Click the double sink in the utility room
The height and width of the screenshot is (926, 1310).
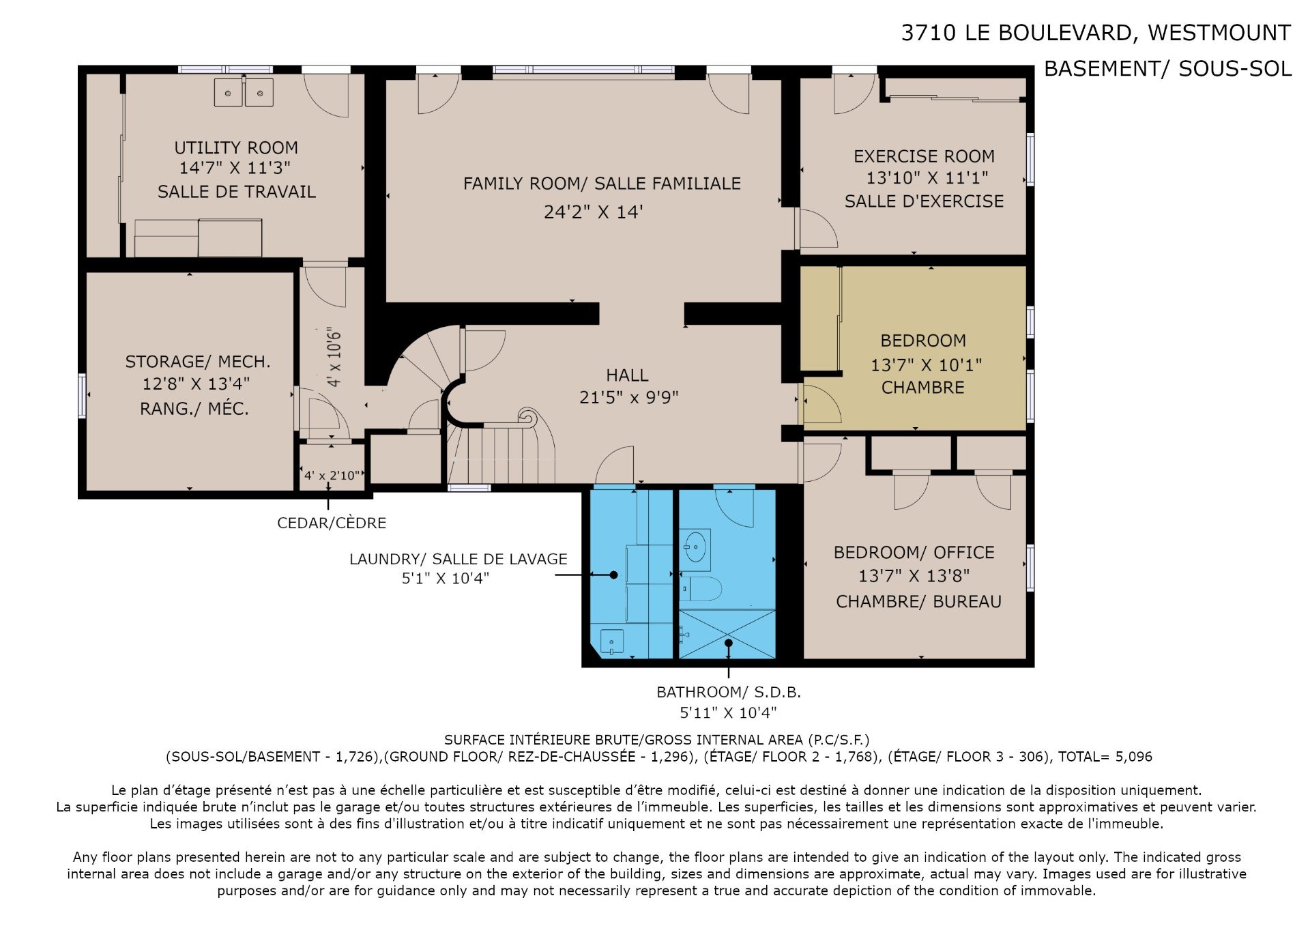(244, 92)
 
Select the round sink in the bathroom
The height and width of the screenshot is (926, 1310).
(695, 549)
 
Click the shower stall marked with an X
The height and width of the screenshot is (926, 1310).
(728, 634)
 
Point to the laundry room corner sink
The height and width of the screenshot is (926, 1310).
(612, 642)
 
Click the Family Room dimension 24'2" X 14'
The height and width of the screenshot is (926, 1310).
(594, 212)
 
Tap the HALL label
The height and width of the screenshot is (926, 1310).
(627, 375)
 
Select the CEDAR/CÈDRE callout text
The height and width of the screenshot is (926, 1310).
(332, 523)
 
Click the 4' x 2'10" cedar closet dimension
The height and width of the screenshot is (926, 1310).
(332, 476)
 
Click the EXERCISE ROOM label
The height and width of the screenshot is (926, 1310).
(924, 156)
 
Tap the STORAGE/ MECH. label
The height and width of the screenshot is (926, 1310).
(198, 362)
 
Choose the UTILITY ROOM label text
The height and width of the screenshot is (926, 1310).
(236, 147)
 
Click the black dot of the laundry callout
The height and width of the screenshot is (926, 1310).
(613, 575)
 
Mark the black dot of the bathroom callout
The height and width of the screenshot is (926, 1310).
(729, 643)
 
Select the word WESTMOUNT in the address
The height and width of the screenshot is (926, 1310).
(1219, 33)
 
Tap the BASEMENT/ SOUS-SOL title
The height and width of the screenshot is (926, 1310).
(1168, 69)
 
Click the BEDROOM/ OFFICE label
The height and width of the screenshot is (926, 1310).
(914, 552)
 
